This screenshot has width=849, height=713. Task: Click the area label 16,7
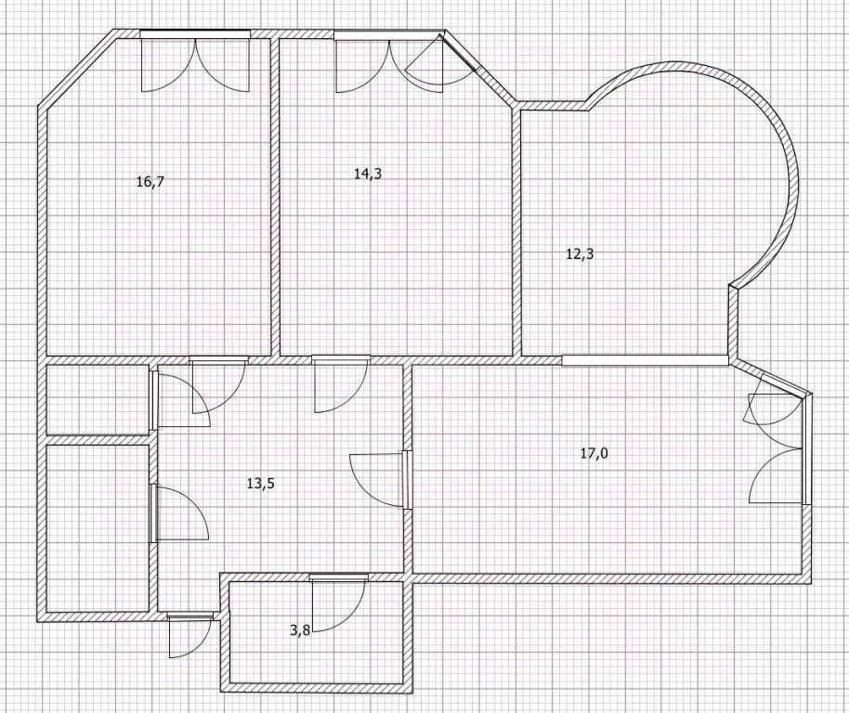150,182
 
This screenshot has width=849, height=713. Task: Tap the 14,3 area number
368,174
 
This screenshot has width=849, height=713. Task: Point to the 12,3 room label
580,253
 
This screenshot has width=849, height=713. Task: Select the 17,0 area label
594,454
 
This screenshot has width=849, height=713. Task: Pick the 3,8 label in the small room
300,630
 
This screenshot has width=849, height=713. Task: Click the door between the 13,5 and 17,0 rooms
381,479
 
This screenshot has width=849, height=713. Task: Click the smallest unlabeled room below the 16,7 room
97,399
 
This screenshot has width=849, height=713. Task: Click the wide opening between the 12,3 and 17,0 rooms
645,358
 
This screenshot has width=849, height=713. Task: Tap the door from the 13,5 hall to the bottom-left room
178,513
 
